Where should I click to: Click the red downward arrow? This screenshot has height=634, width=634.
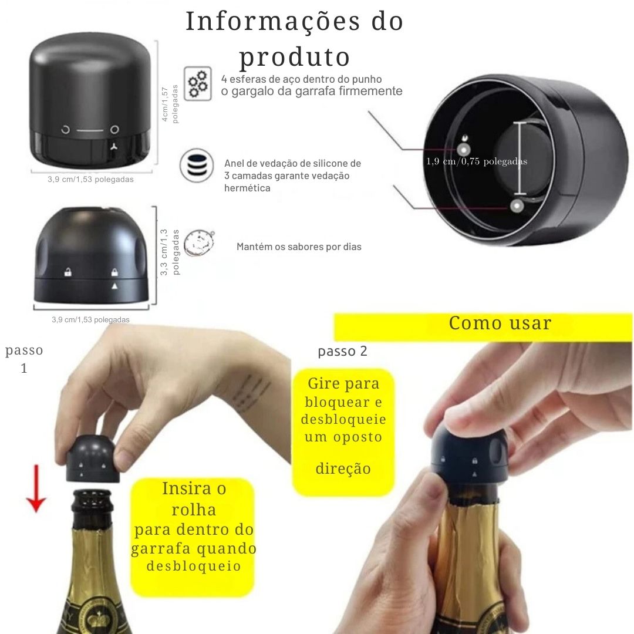point(37,487)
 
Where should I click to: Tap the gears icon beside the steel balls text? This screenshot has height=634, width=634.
point(198,83)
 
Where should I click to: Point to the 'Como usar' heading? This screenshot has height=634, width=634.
point(500,323)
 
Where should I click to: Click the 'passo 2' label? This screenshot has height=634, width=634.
point(342,351)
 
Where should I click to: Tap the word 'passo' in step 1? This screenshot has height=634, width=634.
point(24,350)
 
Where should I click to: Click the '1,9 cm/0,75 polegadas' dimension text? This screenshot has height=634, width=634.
point(477,161)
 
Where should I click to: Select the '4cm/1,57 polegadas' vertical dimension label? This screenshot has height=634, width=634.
point(170,104)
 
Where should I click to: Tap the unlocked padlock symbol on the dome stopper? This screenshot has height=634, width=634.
point(68,272)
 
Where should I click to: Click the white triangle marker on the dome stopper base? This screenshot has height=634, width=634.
point(115,285)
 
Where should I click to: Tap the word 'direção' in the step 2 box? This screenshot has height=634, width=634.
point(343,468)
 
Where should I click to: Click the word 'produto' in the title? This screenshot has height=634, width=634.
point(295,58)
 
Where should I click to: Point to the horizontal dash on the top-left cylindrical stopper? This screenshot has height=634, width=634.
point(90,130)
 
